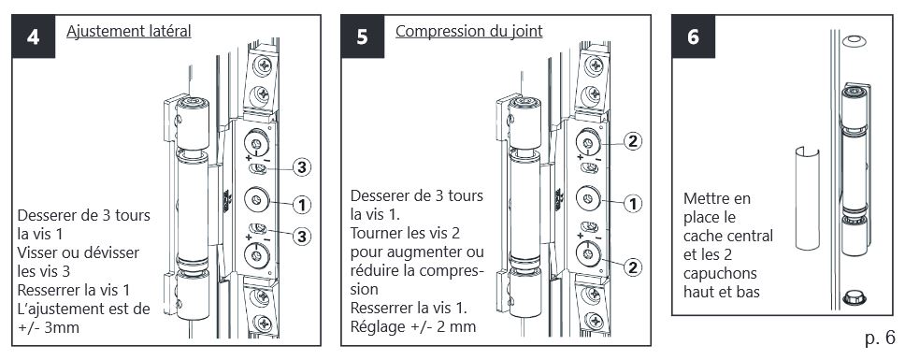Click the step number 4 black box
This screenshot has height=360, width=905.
(x=34, y=36)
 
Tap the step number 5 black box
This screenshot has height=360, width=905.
(x=363, y=36)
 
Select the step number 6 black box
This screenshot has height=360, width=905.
(x=693, y=36)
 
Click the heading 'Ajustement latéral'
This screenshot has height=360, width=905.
(x=129, y=31)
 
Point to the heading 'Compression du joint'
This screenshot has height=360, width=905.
(x=468, y=31)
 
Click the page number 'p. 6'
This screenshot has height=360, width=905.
(x=880, y=338)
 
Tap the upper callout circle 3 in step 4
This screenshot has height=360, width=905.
(x=301, y=167)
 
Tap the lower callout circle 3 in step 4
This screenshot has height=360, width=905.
(x=301, y=236)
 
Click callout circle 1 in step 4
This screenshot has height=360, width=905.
(x=301, y=204)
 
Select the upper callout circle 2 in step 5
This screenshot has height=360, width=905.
(x=633, y=141)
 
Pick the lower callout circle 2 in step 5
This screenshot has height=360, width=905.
(x=633, y=266)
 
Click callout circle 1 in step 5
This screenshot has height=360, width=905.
(x=633, y=204)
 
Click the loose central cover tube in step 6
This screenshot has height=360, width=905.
(x=807, y=198)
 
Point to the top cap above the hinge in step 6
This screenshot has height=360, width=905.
(x=855, y=41)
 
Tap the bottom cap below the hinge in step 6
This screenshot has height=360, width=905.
(x=855, y=298)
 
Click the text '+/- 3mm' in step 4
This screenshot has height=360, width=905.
(x=49, y=327)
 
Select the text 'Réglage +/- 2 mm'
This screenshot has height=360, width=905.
(x=413, y=327)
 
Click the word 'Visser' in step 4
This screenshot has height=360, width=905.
(x=38, y=252)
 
